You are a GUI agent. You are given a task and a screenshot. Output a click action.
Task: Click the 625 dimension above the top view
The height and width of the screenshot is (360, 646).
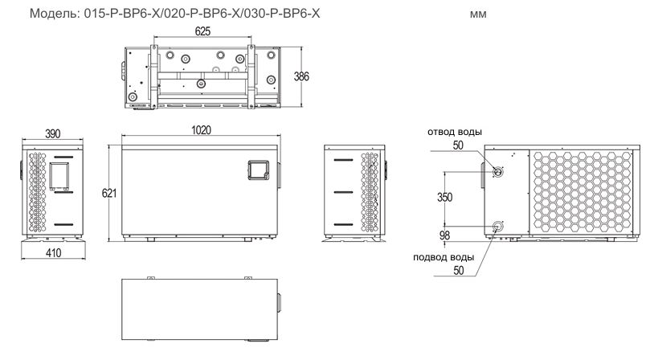[202, 31]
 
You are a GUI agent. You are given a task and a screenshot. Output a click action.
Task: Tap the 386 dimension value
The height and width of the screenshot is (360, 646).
[301, 76]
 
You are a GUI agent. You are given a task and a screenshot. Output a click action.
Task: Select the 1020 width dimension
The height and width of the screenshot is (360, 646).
[201, 130]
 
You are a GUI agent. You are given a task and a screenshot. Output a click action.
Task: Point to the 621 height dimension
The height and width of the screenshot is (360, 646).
[109, 193]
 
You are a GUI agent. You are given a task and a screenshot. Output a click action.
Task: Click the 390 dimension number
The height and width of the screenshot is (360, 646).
[53, 134]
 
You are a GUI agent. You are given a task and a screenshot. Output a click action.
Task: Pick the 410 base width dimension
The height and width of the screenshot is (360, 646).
[54, 252]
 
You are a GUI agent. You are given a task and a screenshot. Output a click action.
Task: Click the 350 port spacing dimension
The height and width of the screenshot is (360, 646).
[445, 198]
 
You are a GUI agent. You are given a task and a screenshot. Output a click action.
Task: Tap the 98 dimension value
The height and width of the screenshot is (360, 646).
[444, 235]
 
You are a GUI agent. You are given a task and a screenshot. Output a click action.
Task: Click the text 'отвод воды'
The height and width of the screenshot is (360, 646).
[455, 133]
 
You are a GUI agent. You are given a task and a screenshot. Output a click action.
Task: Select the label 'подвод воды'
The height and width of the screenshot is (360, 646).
[444, 257]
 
